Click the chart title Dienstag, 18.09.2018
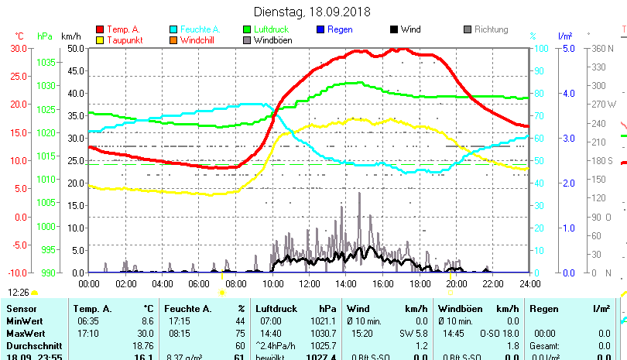point(313,12)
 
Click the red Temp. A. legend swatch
point(101,29)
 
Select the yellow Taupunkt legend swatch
point(101,40)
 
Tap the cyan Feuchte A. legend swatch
point(174,29)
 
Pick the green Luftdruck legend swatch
point(248,29)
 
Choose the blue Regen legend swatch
point(321,29)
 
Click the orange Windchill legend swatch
point(174,40)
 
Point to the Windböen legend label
point(272,40)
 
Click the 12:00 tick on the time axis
point(309,283)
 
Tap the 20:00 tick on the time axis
point(456,283)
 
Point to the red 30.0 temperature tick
point(19,48)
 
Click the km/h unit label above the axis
point(70,36)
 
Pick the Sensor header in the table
point(22,309)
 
